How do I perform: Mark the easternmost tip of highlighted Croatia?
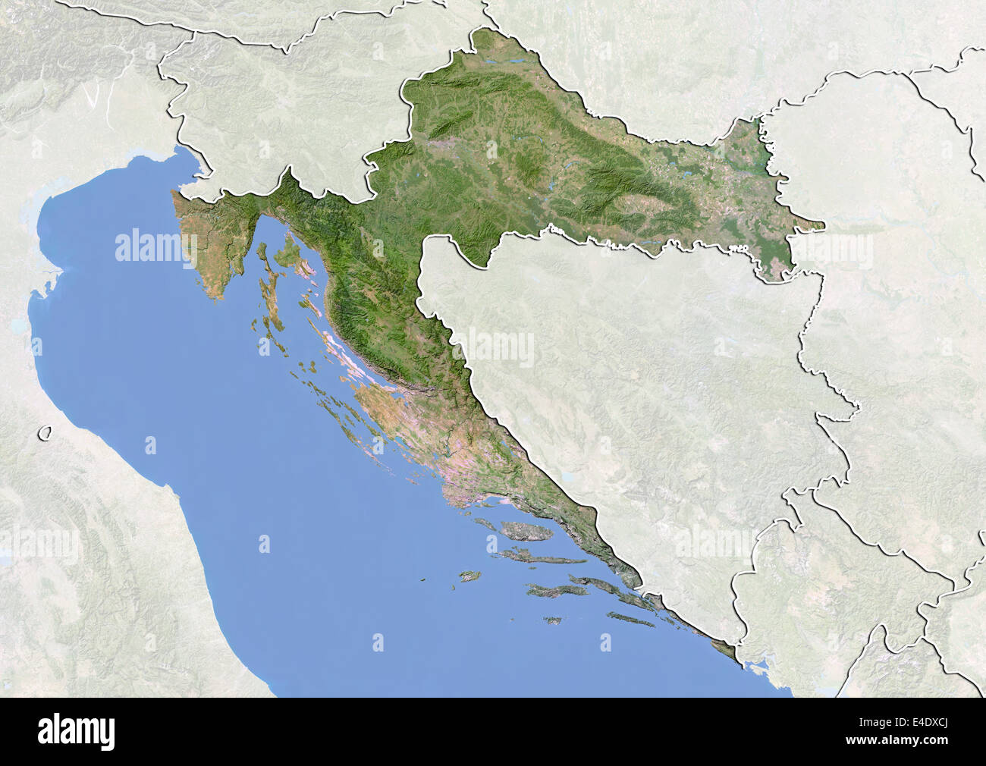(823, 224)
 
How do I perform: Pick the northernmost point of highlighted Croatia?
(482, 30)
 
